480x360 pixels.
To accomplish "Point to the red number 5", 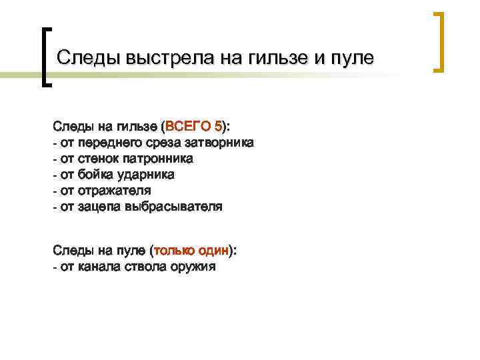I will coord(219,126).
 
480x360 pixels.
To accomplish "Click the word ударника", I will coord(145,175).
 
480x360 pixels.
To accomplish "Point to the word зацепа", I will coord(99,207).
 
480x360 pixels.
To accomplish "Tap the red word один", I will coord(214,250).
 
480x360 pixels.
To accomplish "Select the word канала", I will coord(99,267).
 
